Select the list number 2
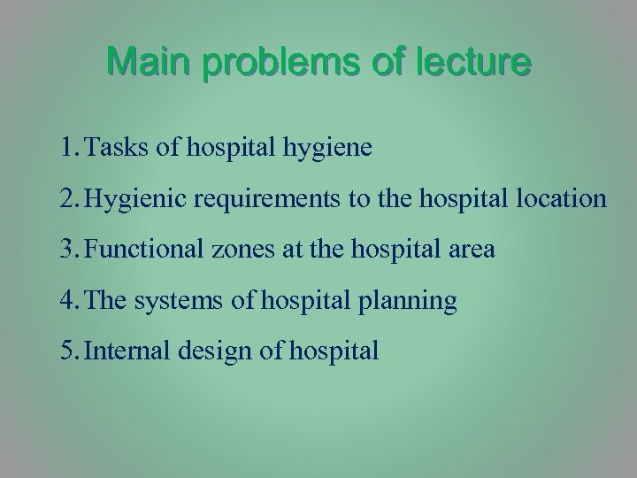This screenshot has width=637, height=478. point(70,199)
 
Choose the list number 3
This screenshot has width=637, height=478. point(70,251)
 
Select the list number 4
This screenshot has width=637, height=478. point(70,301)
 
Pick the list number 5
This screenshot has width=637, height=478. point(70,351)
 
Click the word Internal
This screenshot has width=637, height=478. point(130,351)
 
